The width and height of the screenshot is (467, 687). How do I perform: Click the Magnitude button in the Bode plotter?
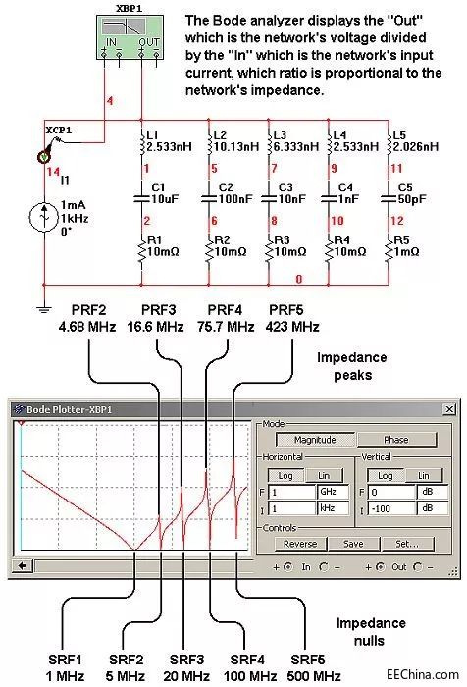(315, 440)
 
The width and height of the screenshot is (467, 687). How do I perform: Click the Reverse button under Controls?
(300, 544)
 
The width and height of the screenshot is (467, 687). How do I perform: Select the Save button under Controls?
(353, 544)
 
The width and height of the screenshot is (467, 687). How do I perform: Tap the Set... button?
(407, 544)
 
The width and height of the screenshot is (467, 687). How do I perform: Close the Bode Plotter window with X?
(449, 409)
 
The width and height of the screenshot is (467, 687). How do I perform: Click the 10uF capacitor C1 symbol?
(142, 198)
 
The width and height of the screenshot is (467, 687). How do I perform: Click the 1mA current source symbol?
(44, 217)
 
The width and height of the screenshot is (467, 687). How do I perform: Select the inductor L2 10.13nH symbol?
(209, 141)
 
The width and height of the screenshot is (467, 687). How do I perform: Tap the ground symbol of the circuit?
(43, 309)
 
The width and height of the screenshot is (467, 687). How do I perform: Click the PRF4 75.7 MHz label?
(226, 319)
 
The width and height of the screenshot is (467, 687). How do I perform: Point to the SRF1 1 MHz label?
(65, 667)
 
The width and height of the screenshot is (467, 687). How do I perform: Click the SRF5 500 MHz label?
(314, 667)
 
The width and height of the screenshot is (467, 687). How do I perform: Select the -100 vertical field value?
(391, 508)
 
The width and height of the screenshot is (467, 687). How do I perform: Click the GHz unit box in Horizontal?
(333, 492)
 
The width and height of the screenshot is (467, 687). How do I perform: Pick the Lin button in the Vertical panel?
(423, 475)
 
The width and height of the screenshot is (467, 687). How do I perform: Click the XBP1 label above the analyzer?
(130, 8)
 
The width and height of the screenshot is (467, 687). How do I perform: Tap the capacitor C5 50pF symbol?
(389, 198)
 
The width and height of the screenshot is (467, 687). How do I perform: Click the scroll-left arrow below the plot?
(23, 565)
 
